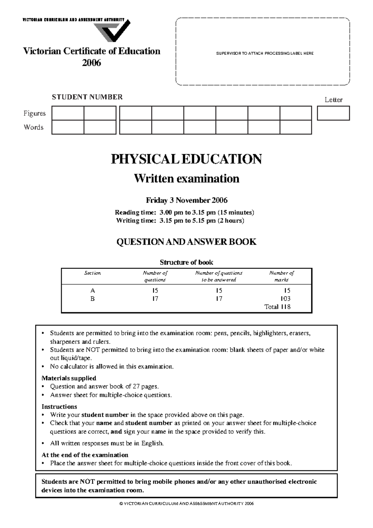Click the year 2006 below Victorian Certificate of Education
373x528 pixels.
point(91,63)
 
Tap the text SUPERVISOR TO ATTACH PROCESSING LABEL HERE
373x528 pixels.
point(265,53)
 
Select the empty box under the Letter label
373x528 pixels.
point(333,113)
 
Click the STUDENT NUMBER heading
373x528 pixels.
point(87,97)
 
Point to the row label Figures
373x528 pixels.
point(35,113)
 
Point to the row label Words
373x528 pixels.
point(34,127)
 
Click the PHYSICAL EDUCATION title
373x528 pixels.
point(186,159)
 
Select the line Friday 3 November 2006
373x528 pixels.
point(186,200)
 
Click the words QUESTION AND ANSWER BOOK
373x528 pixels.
point(186,242)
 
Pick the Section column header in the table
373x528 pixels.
point(92,273)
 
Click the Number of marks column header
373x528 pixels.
point(281,276)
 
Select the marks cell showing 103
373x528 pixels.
point(285,299)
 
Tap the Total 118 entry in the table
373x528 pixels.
point(277,307)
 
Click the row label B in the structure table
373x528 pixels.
point(92,299)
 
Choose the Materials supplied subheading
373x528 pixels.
point(69,378)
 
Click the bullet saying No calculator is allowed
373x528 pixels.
point(112,367)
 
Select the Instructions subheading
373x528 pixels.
point(59,407)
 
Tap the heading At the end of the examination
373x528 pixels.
point(85,455)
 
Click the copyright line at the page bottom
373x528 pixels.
point(186,504)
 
